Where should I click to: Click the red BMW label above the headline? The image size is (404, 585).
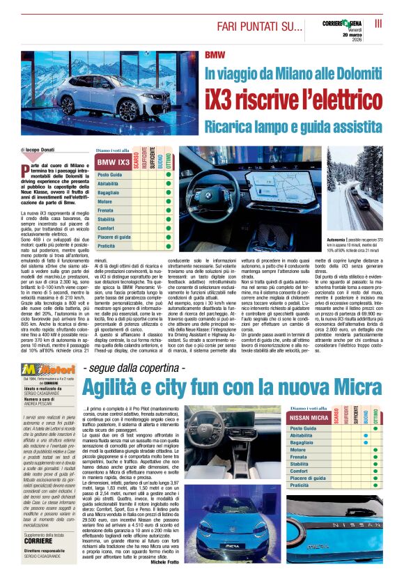pyautogui.click(x=216, y=54)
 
